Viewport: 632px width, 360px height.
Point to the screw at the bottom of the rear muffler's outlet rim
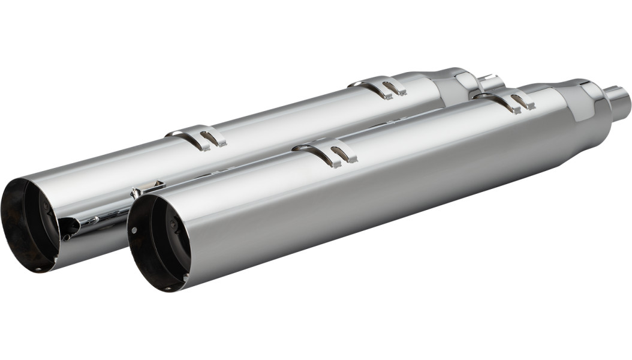tap(40, 269)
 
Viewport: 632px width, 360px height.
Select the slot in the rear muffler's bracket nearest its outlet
tap(210, 139)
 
